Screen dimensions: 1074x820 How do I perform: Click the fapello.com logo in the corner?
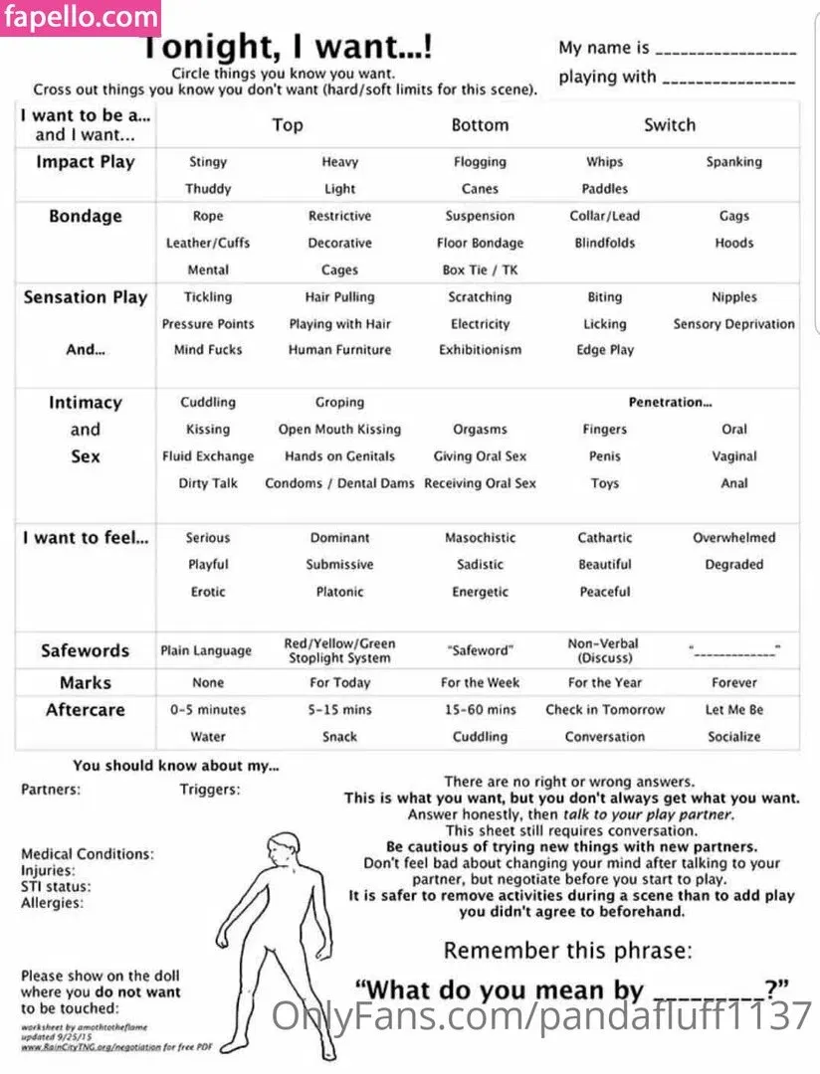80,18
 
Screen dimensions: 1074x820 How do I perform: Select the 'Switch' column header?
669,125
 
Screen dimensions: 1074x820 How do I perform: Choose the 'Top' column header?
288,125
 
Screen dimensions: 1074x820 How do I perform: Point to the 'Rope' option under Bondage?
208,216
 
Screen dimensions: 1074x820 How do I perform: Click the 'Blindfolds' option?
604,243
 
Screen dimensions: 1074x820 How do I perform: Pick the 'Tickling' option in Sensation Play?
208,296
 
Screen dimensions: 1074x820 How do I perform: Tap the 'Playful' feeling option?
208,564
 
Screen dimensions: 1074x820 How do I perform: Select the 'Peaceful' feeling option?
604,592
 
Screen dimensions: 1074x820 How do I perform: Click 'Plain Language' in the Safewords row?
206,650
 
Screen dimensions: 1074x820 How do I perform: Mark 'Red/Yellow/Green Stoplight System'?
339,650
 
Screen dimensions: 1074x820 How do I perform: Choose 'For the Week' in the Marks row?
480,683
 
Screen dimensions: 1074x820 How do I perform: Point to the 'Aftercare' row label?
86,710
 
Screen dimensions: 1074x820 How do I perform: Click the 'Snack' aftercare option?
339,737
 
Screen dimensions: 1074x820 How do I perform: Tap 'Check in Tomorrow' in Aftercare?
604,710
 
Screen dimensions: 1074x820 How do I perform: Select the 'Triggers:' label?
209,790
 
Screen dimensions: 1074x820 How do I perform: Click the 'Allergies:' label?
52,903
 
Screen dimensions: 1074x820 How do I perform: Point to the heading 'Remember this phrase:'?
567,950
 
